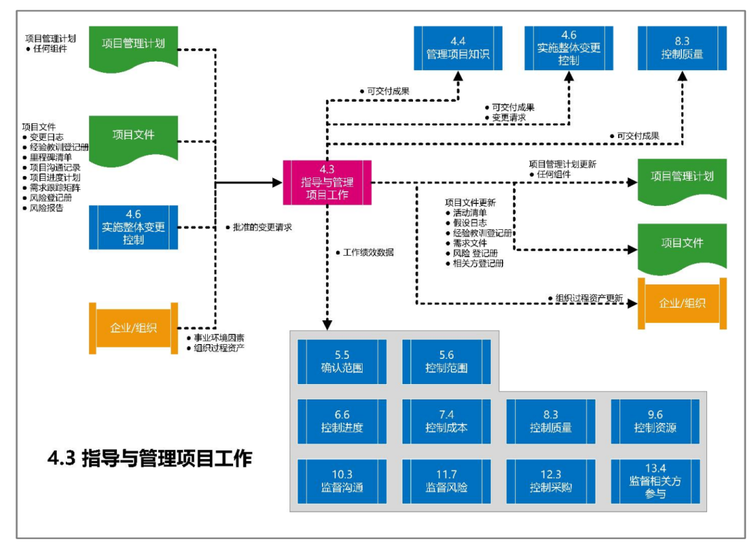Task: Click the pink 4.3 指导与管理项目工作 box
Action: (x=327, y=182)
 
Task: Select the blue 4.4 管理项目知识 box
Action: (x=458, y=48)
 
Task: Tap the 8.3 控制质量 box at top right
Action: (x=682, y=48)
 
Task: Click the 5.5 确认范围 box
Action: (x=342, y=362)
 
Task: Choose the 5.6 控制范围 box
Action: (x=446, y=362)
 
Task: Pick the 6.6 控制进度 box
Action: (x=342, y=421)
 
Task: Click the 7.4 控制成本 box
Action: (x=446, y=421)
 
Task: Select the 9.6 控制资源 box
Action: (x=655, y=421)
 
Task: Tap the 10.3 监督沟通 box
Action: (x=342, y=481)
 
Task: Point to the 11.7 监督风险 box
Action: (x=446, y=481)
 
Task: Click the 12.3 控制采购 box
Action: (x=550, y=481)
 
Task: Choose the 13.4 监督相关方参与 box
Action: (x=655, y=481)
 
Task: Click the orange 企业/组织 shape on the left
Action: (x=133, y=328)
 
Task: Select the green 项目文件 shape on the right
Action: (x=682, y=245)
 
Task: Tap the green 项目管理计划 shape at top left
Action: (x=133, y=46)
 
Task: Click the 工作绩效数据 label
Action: (x=367, y=252)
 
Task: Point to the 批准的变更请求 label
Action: (x=262, y=227)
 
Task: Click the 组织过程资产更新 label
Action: (x=589, y=298)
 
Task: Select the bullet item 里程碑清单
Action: (x=50, y=158)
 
